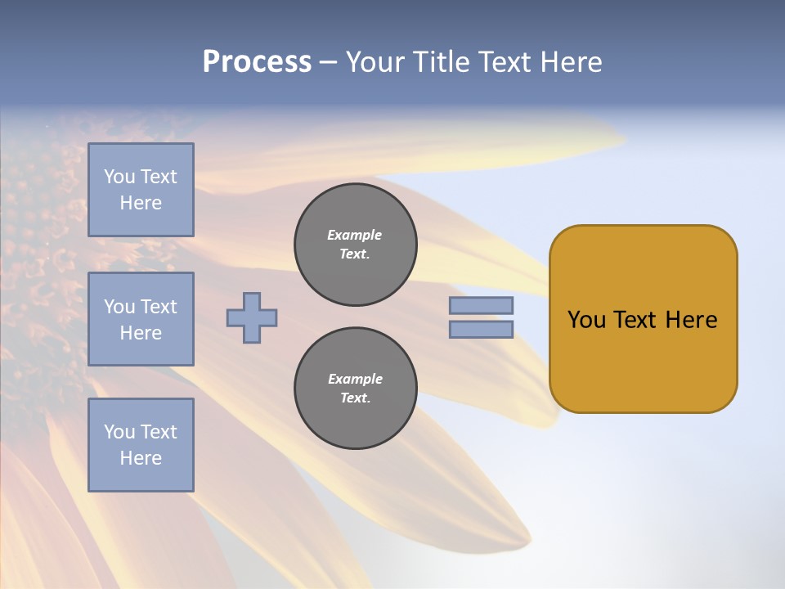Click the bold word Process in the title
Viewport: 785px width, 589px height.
coord(257,62)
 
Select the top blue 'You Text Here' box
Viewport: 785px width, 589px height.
coord(141,190)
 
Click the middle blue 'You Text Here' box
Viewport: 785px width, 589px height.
coord(141,319)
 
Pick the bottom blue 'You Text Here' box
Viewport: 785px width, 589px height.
coord(141,445)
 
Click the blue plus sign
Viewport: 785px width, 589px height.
coord(252,317)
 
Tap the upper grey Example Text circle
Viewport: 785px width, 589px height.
coord(356,245)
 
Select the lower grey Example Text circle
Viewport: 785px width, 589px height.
coord(356,389)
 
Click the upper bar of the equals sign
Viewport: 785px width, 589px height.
coord(482,305)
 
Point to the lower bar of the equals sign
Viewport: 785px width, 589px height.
coord(482,329)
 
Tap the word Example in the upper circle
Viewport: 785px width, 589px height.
coord(355,235)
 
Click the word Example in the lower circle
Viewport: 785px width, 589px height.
coord(355,379)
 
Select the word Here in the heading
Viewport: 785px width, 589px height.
coord(572,62)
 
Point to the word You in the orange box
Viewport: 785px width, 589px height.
coord(586,320)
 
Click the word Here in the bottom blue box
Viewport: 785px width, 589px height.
coord(141,458)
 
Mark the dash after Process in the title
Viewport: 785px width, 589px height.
coord(328,62)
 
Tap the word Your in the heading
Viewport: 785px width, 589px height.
coord(376,62)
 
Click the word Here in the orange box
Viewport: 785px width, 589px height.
coord(691,320)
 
